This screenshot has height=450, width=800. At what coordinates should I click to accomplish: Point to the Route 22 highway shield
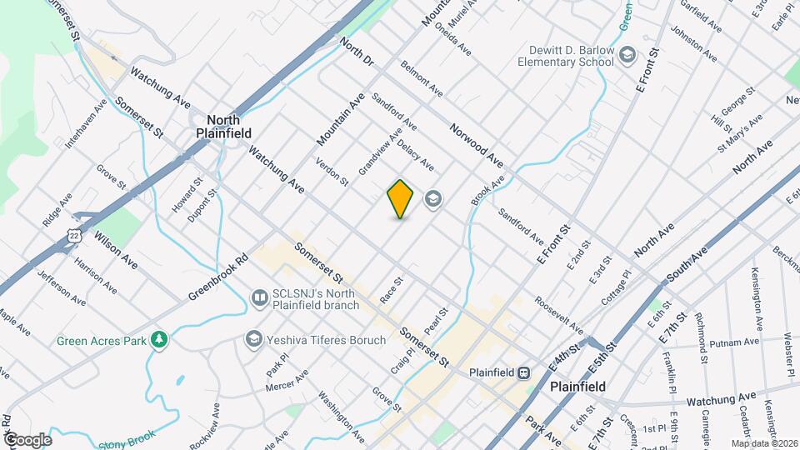pyautogui.click(x=74, y=238)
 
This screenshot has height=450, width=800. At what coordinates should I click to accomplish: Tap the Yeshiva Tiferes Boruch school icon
pyautogui.click(x=252, y=339)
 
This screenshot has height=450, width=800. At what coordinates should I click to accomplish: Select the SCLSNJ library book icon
pyautogui.click(x=260, y=297)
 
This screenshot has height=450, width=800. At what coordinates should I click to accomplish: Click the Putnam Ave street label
pyautogui.click(x=737, y=341)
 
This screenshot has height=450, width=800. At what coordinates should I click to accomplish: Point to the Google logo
pyautogui.click(x=27, y=439)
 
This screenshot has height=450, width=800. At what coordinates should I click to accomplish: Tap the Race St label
pyautogui.click(x=391, y=288)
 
